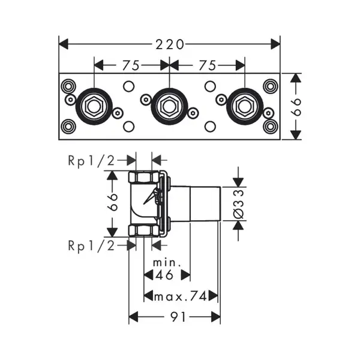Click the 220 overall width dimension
click(x=170, y=44)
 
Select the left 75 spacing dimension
click(x=131, y=65)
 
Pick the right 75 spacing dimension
click(x=208, y=65)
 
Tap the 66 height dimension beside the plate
click(x=296, y=107)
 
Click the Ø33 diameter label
click(x=238, y=204)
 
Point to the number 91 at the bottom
click(x=178, y=317)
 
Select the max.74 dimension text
click(x=181, y=296)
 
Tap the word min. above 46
click(x=167, y=262)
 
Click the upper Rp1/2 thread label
click(x=91, y=161)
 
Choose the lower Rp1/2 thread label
click(x=91, y=246)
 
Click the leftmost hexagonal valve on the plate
click(x=94, y=106)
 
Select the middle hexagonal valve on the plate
click(x=169, y=106)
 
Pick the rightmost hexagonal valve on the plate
click(x=245, y=106)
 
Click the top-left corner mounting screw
click(x=68, y=86)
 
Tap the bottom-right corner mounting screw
click(x=271, y=126)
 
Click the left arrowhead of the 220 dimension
click(x=64, y=44)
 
